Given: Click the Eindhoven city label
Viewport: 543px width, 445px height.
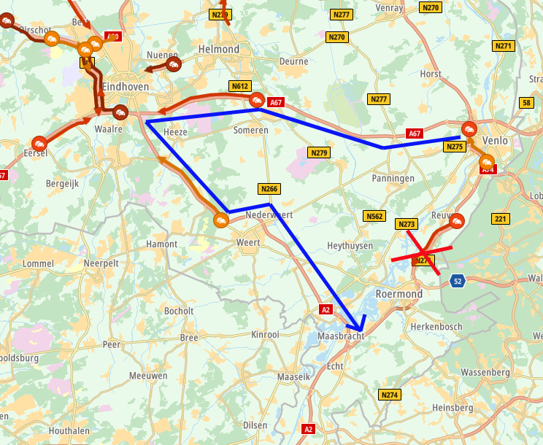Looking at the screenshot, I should [x=126, y=86].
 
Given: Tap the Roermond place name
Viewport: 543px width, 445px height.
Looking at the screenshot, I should [x=398, y=293].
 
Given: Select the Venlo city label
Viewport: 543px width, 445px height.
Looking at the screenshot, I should [x=495, y=140].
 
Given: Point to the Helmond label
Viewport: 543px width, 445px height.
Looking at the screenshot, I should [x=218, y=49].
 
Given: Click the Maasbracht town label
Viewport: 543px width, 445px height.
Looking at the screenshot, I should [x=341, y=337].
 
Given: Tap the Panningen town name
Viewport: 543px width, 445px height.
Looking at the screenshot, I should [x=393, y=178].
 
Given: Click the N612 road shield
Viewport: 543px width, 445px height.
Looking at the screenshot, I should [x=239, y=86].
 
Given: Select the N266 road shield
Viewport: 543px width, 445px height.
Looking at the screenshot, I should [x=270, y=188].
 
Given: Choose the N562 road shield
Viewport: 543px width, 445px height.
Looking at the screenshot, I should [x=374, y=216].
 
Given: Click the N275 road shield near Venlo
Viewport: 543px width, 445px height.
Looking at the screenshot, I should [x=454, y=147].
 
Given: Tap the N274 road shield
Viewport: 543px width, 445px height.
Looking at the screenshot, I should [x=390, y=395].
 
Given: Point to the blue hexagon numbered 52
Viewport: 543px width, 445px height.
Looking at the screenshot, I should [x=457, y=280].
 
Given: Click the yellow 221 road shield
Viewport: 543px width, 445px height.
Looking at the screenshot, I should [x=500, y=219].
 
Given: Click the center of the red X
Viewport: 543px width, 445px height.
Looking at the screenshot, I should [x=423, y=252].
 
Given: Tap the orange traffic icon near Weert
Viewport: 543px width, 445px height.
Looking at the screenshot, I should [x=220, y=219].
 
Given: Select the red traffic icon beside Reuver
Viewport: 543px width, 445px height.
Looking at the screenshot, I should [x=457, y=220].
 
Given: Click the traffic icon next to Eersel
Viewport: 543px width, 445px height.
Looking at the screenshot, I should [x=39, y=142].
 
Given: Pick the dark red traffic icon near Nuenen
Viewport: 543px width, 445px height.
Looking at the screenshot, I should [x=174, y=66].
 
